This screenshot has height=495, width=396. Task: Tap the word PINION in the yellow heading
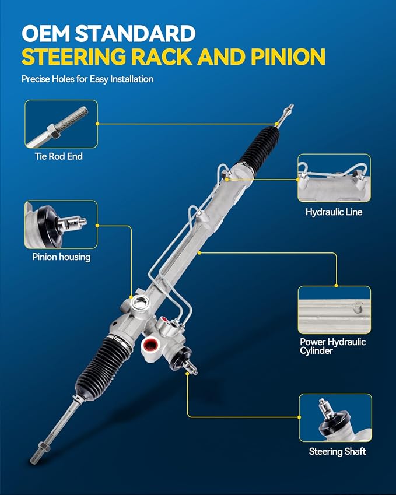point(288,57)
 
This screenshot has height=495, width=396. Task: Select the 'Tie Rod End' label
point(59,156)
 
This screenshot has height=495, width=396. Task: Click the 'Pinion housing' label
point(61,257)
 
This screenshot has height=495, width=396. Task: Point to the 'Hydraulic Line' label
point(334,212)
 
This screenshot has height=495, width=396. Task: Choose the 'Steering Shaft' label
point(337,451)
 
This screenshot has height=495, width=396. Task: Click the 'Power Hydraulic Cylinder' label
point(333,346)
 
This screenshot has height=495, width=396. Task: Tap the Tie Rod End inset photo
point(61,124)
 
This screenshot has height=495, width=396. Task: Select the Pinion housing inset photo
point(61,224)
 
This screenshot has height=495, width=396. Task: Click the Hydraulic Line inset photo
point(334,178)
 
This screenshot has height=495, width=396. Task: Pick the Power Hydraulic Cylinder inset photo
point(334,310)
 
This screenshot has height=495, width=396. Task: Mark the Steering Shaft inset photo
point(335,417)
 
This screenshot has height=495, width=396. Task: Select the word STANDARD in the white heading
point(135,33)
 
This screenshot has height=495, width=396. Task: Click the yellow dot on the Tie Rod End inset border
point(97,124)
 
